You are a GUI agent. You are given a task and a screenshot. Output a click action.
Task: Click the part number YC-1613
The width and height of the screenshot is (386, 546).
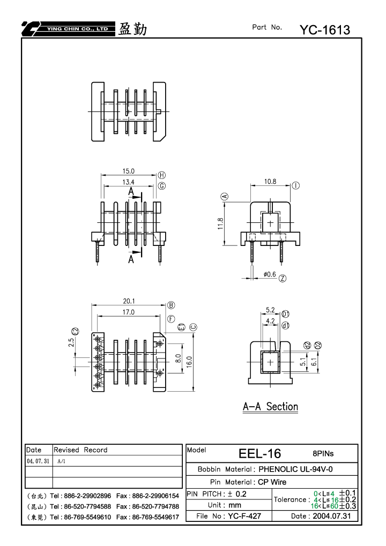pos(325,30)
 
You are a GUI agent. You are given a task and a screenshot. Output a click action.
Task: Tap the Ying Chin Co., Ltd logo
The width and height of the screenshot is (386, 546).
pos(68,29)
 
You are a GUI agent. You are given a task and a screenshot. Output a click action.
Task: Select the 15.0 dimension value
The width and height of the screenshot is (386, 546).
pos(128,171)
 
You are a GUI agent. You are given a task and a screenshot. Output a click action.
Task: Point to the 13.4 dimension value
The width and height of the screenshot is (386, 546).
pos(128,182)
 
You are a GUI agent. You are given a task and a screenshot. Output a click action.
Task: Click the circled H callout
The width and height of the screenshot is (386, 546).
pos(162,175)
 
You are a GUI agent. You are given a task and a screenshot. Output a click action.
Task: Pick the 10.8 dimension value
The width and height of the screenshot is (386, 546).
pos(270,182)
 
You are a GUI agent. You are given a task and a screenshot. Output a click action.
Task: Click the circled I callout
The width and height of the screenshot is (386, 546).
pos(295,185)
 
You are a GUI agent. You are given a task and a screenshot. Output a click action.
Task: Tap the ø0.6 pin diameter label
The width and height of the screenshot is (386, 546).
pos(270,274)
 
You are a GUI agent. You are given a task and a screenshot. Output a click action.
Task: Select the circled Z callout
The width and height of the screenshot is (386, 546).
pos(283,278)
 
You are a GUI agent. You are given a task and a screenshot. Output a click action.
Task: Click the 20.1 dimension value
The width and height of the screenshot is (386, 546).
pos(129,301)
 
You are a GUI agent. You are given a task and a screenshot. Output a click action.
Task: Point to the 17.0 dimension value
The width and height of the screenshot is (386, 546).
pos(128,312)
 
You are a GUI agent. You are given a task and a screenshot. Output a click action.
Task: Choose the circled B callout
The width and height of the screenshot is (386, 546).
pos(171,305)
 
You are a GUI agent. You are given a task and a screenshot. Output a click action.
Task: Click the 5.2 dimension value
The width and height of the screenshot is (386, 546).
pos(270,310)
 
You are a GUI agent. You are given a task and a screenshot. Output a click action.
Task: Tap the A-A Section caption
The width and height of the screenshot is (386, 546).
pos(270,407)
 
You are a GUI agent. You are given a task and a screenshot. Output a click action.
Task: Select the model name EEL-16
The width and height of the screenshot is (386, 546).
pos(259,454)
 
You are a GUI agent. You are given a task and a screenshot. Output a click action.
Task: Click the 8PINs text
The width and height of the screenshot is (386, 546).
pos(323,454)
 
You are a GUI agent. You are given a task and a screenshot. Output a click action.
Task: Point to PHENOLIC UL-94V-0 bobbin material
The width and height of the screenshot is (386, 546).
pos(295,469)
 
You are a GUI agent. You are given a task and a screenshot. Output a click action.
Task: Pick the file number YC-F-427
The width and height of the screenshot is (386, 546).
pos(244,516)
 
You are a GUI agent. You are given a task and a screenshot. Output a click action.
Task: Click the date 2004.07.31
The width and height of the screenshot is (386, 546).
pos(332,516)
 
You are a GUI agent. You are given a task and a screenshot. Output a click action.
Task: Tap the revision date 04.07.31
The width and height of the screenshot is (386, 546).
pos(38,461)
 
